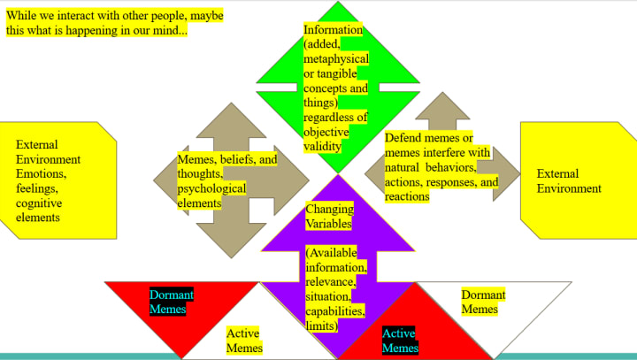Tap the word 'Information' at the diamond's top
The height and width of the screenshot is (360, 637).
click(333, 29)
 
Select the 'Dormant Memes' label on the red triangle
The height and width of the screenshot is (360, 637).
click(172, 301)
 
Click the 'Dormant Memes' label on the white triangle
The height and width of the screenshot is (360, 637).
click(483, 301)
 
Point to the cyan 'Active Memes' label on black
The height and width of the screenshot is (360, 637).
click(400, 340)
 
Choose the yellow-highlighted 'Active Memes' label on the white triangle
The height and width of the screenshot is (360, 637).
click(244, 340)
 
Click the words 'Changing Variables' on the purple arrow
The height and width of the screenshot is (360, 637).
click(329, 217)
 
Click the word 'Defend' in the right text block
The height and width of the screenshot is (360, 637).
click(403, 138)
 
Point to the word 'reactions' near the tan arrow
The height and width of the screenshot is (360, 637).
click(408, 196)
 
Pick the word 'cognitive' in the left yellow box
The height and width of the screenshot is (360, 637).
click(39, 203)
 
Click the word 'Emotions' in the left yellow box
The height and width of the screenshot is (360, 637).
click(40, 174)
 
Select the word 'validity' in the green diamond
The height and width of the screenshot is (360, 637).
click(322, 145)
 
